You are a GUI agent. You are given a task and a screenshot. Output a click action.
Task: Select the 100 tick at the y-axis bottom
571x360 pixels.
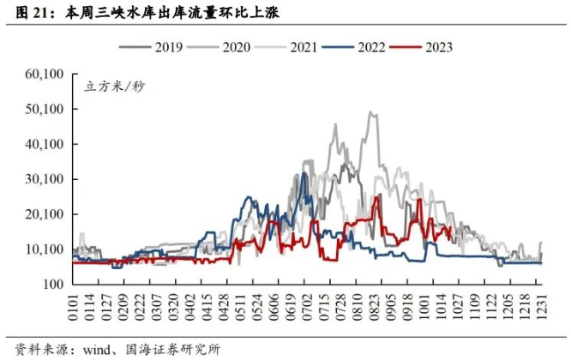[54, 284]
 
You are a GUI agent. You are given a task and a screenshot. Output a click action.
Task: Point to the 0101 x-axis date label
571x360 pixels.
[75, 303]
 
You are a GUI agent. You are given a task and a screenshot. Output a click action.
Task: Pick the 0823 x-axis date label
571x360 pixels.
[373, 303]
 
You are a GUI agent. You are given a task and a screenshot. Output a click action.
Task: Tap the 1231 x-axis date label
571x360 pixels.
[541, 303]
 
